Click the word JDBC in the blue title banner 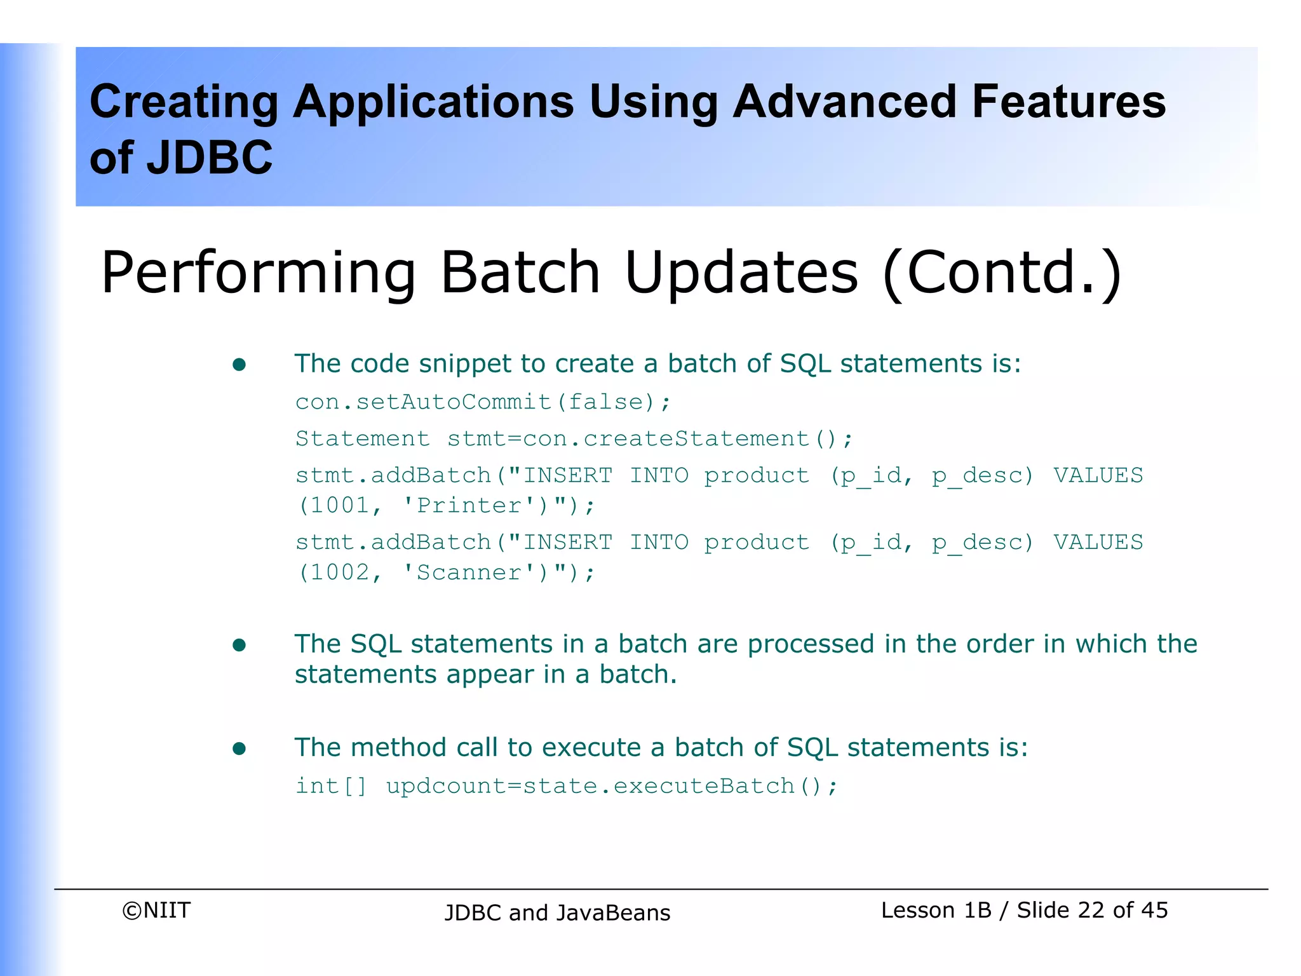pos(210,158)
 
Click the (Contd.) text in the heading pos(1002,273)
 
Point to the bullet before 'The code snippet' pos(239,365)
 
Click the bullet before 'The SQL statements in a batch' pos(239,646)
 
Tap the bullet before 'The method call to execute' pos(239,749)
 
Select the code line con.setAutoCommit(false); pos(483,402)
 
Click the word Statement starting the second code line pos(363,439)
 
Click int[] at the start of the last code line pos(331,787)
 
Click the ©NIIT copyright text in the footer pos(156,911)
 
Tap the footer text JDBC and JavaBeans pos(557,913)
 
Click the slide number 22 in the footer pos(1091,911)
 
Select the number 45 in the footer pos(1154,911)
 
